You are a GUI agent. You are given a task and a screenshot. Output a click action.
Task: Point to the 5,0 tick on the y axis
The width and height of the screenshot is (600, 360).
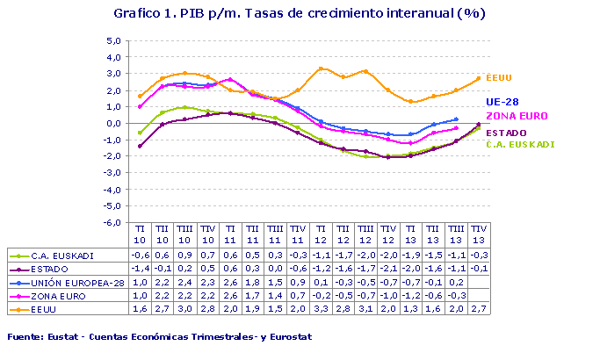click(x=112, y=40)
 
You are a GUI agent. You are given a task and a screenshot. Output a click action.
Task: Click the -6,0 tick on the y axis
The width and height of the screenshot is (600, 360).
click(x=112, y=223)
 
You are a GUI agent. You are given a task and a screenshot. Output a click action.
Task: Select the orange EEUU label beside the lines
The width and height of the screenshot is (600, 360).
click(x=498, y=78)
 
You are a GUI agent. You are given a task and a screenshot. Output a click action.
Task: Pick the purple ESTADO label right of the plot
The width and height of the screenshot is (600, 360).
click(x=507, y=133)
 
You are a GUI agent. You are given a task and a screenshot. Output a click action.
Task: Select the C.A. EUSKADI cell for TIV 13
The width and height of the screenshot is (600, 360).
click(x=479, y=256)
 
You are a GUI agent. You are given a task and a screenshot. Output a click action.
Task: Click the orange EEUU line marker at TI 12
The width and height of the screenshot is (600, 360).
click(x=322, y=68)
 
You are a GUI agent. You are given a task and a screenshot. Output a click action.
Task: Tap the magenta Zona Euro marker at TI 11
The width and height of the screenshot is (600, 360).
click(x=230, y=80)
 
